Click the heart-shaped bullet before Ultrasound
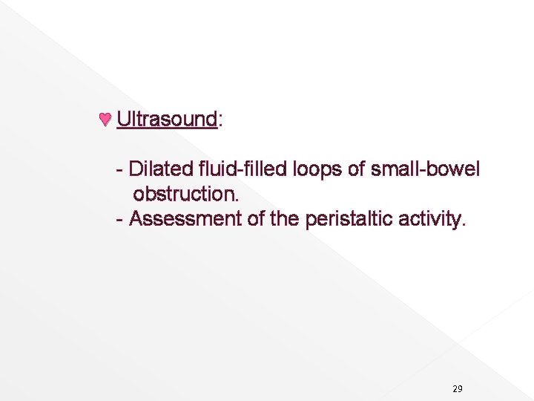(x=105, y=119)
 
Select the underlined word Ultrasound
(x=167, y=119)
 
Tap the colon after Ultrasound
(x=221, y=120)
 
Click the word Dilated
(x=160, y=169)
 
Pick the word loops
(x=318, y=170)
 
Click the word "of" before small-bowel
(x=357, y=169)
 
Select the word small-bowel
(x=425, y=169)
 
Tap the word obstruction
(x=185, y=194)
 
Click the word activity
(x=429, y=220)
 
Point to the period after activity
(x=464, y=225)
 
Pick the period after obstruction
(x=237, y=200)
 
